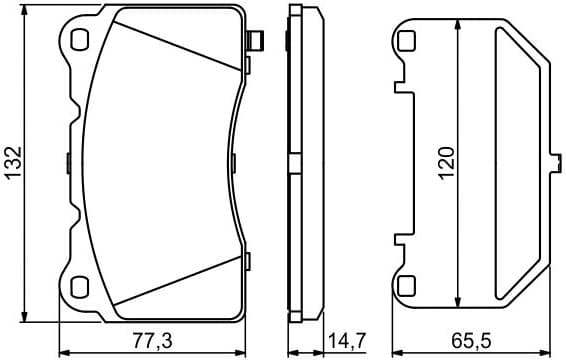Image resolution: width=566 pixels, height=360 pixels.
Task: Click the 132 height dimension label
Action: pyautogui.click(x=14, y=162)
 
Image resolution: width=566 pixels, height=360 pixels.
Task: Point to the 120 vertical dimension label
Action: pyautogui.click(x=447, y=162)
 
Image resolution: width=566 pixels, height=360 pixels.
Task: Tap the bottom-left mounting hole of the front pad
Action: pyautogui.click(x=81, y=287)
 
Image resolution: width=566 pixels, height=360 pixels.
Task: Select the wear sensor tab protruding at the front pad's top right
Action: pyautogui.click(x=255, y=42)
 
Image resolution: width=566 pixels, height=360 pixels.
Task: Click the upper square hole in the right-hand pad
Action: pyautogui.click(x=405, y=41)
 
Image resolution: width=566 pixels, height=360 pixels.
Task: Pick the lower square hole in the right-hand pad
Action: pyautogui.click(x=405, y=286)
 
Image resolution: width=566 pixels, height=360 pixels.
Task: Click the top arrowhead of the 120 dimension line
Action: pyautogui.click(x=458, y=27)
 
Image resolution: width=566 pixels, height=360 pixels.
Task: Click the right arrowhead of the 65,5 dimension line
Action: pyautogui.click(x=546, y=351)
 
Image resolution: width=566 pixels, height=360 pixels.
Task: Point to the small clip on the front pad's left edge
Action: pyautogui.click(x=66, y=161)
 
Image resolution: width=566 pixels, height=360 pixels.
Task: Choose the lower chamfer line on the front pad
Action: pyautogui.click(x=180, y=285)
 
